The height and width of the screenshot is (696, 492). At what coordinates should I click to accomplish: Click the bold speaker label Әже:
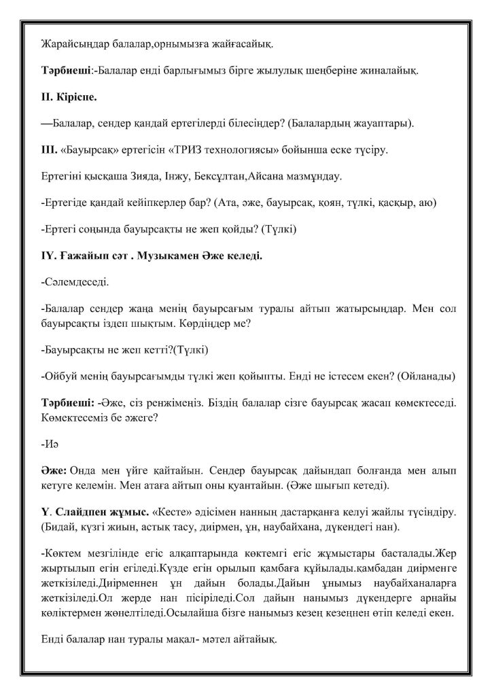(54, 471)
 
